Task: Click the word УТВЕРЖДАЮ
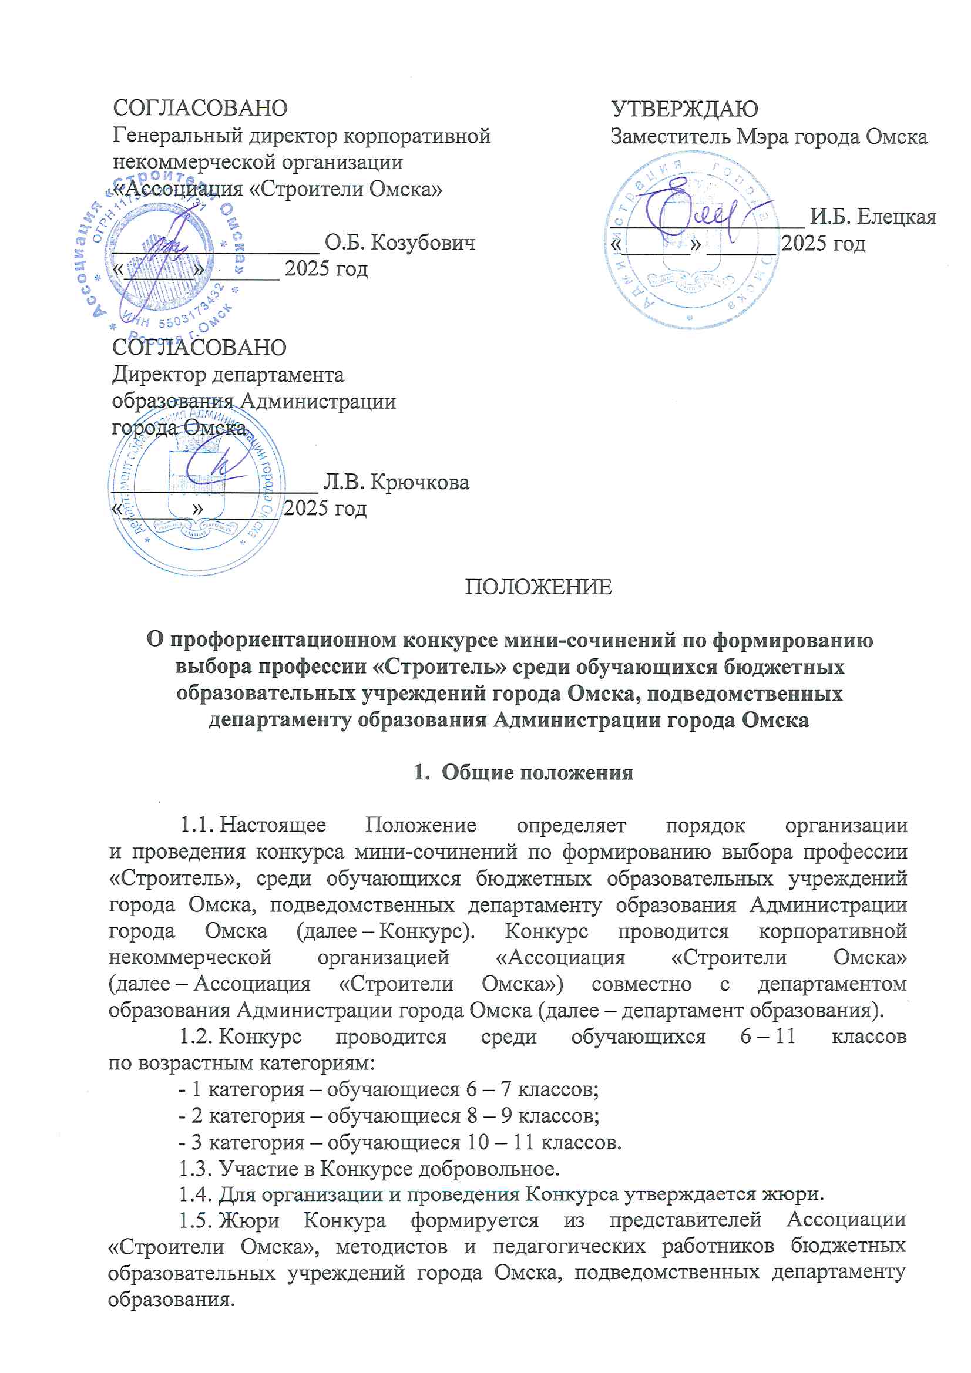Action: (x=684, y=109)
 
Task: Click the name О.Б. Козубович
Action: (x=399, y=242)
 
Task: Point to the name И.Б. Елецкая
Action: (x=872, y=217)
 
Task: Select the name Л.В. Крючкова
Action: (x=396, y=482)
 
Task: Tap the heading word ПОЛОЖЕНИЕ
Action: (x=539, y=587)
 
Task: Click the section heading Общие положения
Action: (x=537, y=772)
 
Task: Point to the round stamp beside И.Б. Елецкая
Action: (x=691, y=239)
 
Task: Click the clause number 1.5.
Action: (x=196, y=1220)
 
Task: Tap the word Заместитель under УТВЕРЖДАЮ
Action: (x=670, y=137)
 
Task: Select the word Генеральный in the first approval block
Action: (x=177, y=136)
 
